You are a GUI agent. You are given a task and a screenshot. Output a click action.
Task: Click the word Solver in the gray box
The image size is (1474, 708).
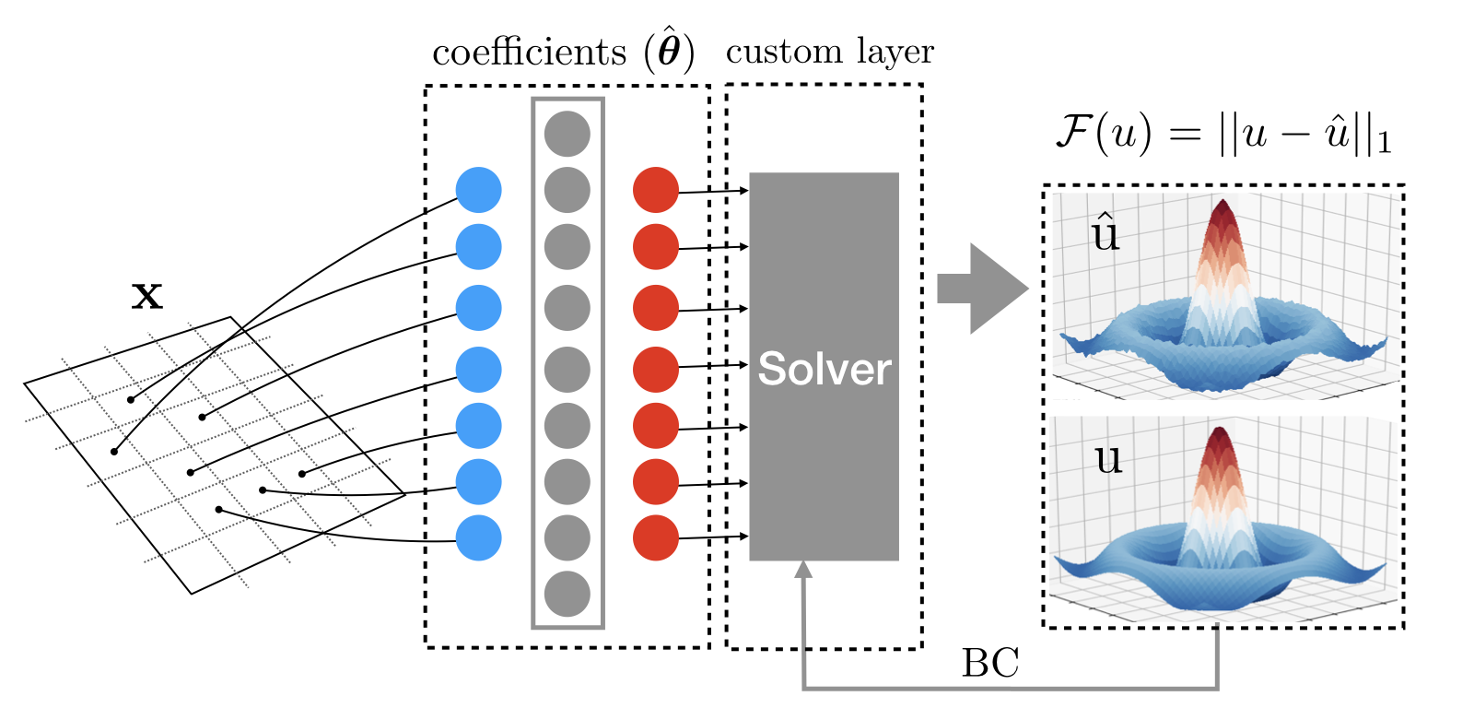click(x=824, y=369)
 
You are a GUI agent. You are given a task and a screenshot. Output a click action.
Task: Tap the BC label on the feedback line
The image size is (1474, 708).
click(x=990, y=663)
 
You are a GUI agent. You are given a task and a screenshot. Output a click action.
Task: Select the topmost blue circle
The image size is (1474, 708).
click(x=478, y=190)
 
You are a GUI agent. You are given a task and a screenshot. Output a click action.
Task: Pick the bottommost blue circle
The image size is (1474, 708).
click(x=478, y=537)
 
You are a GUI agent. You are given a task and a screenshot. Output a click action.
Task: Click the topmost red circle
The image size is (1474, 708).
click(x=655, y=190)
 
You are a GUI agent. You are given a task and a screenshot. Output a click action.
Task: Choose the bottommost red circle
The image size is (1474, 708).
click(x=655, y=537)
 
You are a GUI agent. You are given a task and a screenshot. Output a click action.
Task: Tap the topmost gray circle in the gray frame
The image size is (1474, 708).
click(x=567, y=134)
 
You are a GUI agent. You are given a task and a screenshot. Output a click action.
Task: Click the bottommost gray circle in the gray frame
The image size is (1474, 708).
click(x=567, y=594)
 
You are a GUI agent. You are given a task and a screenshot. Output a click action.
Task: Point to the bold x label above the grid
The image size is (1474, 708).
click(x=147, y=296)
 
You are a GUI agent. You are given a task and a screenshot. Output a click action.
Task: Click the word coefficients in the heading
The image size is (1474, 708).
click(x=529, y=52)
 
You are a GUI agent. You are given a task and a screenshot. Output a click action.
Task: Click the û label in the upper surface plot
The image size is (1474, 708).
click(x=1105, y=233)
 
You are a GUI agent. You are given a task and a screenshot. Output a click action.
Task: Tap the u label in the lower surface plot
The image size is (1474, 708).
click(x=1108, y=458)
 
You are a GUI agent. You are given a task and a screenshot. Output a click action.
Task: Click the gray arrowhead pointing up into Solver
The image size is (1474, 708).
click(x=803, y=570)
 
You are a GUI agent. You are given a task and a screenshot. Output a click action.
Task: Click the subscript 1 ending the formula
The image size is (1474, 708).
click(x=1384, y=143)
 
